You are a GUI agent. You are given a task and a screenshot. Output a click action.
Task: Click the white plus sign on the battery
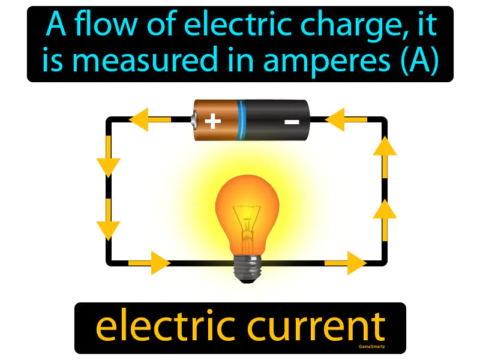(213, 121)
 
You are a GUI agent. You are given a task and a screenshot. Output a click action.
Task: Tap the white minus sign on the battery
(292, 122)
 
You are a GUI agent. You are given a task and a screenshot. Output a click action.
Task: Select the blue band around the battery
(241, 120)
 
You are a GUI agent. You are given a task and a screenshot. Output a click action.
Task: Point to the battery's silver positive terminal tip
(194, 120)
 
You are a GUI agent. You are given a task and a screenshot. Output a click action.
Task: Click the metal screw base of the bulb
(247, 269)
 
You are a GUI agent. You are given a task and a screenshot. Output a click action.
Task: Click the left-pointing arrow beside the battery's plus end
(150, 119)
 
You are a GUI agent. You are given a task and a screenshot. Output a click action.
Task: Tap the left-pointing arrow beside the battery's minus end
(346, 119)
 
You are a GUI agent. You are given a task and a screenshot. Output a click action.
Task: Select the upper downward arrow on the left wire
(108, 157)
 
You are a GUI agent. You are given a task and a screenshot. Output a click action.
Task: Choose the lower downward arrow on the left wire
(108, 220)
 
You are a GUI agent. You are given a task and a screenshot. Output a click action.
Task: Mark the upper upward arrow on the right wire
(385, 157)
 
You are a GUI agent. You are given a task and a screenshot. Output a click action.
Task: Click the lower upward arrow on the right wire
(385, 220)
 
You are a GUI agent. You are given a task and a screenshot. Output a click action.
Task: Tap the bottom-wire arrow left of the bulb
(149, 263)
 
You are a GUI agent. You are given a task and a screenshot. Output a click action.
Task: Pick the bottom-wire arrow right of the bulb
(346, 263)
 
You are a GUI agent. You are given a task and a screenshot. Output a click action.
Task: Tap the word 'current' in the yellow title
(316, 327)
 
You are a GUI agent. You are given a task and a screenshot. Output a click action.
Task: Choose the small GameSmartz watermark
(371, 347)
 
